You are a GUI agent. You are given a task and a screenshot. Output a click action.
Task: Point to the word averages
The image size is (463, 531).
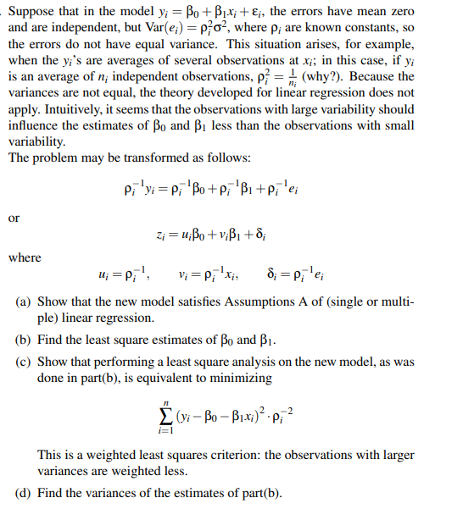[x=166, y=59]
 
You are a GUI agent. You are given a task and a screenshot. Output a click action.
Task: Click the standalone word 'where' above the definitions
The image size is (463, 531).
[x=24, y=257]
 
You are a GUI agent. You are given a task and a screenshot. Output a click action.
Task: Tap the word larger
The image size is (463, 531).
[x=397, y=454]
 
